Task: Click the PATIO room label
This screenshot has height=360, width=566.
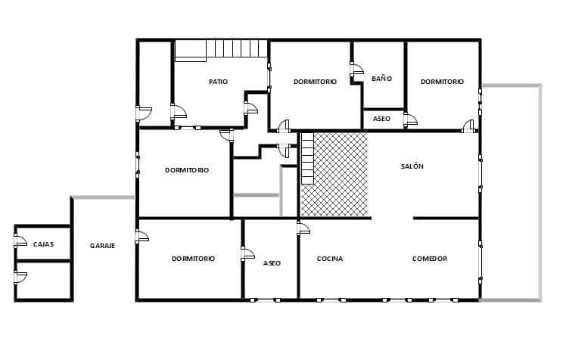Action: pyautogui.click(x=219, y=82)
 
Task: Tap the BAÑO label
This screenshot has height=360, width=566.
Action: pyautogui.click(x=381, y=79)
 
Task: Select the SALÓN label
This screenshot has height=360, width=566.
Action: pyautogui.click(x=412, y=166)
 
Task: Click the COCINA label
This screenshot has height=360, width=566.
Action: pyautogui.click(x=330, y=259)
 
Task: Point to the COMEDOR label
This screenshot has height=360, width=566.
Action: pyautogui.click(x=430, y=259)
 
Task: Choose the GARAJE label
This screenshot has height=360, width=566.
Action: pyautogui.click(x=103, y=245)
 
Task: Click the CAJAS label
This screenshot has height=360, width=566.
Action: pyautogui.click(x=43, y=244)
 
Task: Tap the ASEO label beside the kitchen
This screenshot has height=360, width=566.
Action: pyautogui.click(x=272, y=263)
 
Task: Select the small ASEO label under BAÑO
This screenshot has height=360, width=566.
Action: pyautogui.click(x=381, y=119)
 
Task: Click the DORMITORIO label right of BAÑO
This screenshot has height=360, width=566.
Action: pyautogui.click(x=442, y=82)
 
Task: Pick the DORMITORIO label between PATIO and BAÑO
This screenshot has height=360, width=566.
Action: pyautogui.click(x=315, y=82)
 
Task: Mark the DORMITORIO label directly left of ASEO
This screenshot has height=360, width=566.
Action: pyautogui.click(x=193, y=259)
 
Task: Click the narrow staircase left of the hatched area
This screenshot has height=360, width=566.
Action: pyautogui.click(x=307, y=159)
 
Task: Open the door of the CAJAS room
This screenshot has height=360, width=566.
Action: pyautogui.click(x=20, y=243)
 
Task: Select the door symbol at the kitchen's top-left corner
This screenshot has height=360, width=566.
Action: pyautogui.click(x=303, y=227)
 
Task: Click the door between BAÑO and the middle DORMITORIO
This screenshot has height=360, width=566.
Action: pyautogui.click(x=356, y=73)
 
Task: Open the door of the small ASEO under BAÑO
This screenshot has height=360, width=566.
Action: pyautogui.click(x=409, y=119)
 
